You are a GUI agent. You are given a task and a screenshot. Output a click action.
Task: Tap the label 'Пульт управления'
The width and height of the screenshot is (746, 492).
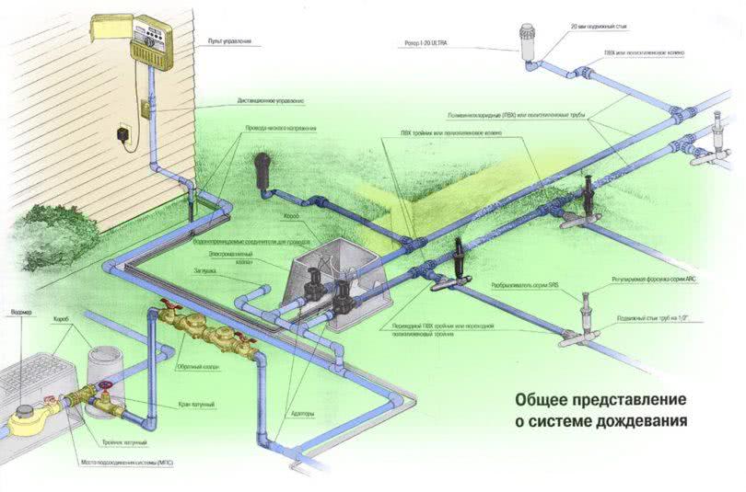(x=229, y=40)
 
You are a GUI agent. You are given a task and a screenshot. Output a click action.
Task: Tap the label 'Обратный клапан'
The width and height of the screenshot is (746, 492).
(x=196, y=365)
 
